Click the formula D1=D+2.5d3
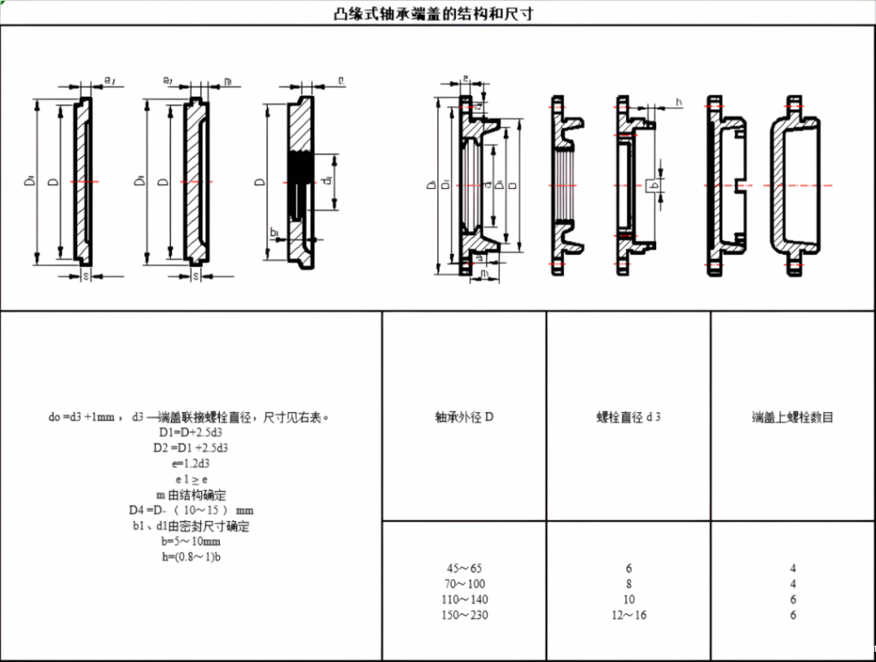tap(189, 433)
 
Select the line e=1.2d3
tap(189, 464)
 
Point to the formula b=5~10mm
tap(189, 541)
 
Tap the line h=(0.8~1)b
tap(189, 557)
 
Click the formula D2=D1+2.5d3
tap(189, 448)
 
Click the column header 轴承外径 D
tap(465, 417)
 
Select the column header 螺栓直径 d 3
tap(629, 417)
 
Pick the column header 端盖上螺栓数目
tap(792, 417)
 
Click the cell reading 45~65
tap(465, 568)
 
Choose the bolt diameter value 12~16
tap(629, 615)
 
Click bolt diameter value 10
tap(629, 600)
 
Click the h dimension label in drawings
tap(678, 102)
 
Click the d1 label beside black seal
tap(328, 181)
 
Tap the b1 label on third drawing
tap(274, 232)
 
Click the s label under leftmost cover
tap(86, 275)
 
